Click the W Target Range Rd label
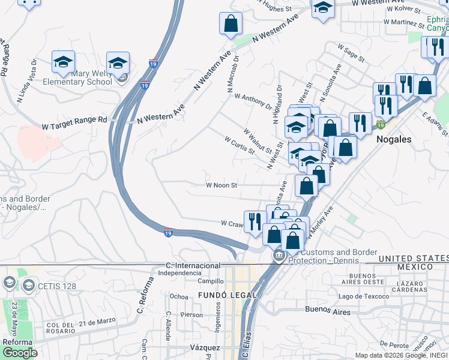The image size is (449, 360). coord(74,120)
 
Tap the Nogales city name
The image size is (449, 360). coord(394,139)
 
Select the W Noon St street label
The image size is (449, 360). coord(221,185)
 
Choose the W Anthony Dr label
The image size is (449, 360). coord(253,100)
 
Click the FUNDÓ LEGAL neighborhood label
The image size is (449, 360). coord(228,295)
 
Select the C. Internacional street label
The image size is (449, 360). coord(193,265)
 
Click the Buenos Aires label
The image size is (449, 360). coord(327,311)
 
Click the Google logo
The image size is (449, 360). coord(19,353)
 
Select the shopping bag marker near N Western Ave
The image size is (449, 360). coord(231,25)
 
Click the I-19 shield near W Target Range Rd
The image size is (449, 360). coord(145,85)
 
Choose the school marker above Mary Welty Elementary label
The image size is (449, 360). coord(63,62)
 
